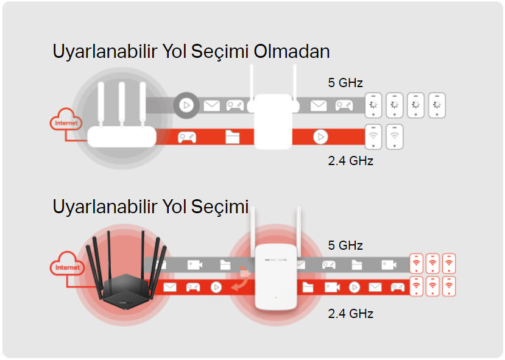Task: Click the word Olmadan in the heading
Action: tap(292, 52)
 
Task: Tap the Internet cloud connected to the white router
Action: tap(66, 120)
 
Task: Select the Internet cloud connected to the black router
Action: tap(67, 264)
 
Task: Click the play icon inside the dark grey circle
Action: tap(186, 105)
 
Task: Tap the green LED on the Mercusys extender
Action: tap(276, 297)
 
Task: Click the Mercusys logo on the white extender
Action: tap(275, 259)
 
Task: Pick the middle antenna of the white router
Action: tap(121, 104)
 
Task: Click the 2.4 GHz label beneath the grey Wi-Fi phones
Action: tap(350, 160)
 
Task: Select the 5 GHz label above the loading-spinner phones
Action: tap(345, 83)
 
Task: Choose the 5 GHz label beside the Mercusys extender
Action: tap(345, 245)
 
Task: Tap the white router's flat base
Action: tap(122, 136)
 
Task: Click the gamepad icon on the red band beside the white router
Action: tap(187, 137)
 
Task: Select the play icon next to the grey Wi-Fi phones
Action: tap(320, 137)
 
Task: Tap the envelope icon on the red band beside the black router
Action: tap(170, 287)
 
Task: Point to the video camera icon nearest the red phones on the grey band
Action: tap(389, 265)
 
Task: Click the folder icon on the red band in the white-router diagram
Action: tap(232, 137)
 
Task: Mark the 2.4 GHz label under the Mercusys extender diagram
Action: tap(350, 313)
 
